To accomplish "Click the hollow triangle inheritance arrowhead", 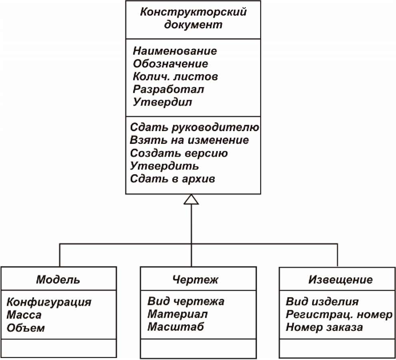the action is tap(191, 199).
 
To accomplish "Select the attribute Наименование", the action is tap(175, 51).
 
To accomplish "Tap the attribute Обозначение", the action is tap(171, 64).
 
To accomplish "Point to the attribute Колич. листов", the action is tap(175, 76).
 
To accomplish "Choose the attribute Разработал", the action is tap(169, 90).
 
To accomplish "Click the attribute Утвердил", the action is tap(162, 102).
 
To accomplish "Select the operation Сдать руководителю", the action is tap(195, 127).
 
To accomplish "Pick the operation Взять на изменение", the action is tap(189, 140).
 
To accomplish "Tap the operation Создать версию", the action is tap(179, 153).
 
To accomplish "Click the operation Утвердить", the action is tap(164, 166).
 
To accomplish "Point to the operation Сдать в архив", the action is tap(173, 179).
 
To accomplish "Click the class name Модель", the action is tap(58, 280).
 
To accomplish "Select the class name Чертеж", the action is tap(195, 280).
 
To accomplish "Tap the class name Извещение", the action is tap(340, 280).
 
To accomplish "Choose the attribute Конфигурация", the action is tap(49, 302).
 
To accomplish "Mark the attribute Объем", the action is tap(26, 328).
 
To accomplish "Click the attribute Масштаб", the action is tap(175, 327).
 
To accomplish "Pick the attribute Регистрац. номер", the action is tap(339, 314).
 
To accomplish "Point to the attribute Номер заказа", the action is tap(324, 327).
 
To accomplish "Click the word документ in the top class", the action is tap(193, 25).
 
